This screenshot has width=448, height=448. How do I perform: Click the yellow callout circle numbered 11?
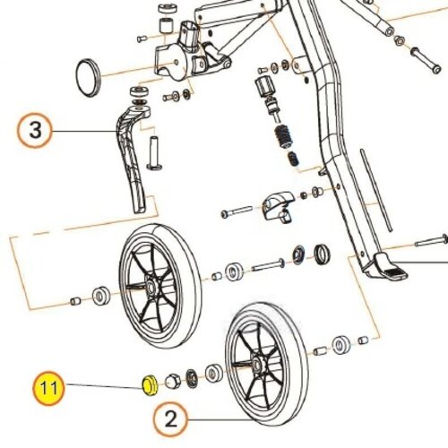48,388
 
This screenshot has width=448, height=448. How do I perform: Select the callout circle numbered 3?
35,131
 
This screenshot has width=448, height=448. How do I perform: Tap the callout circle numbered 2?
170,420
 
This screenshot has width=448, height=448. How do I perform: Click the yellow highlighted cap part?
150,385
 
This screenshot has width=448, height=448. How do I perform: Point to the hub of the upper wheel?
151,284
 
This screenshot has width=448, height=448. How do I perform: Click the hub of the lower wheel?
257,364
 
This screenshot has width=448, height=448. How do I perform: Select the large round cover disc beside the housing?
87,77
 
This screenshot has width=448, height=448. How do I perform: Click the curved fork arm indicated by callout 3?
133,159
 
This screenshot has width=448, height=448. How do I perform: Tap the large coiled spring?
283,136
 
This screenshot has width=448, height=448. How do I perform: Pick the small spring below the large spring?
293,159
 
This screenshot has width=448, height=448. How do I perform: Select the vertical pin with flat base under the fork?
154,153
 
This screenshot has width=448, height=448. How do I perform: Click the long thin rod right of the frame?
375,190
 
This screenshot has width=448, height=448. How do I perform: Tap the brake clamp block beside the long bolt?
277,206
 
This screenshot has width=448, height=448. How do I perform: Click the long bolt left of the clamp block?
237,211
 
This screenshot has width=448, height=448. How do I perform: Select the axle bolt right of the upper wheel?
268,265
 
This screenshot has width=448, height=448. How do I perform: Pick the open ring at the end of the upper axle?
322,254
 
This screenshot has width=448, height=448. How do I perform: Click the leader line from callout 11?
104,386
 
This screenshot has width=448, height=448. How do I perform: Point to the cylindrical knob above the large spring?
264,86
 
